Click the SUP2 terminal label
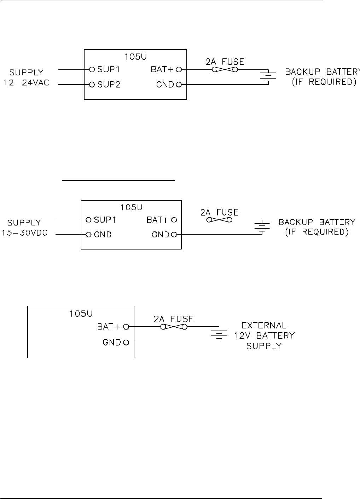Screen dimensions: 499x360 pyautogui.click(x=109, y=85)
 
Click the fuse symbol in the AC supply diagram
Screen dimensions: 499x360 pyautogui.click(x=224, y=70)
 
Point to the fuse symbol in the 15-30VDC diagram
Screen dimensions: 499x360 pyautogui.click(x=219, y=220)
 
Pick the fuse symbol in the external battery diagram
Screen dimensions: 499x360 pyautogui.click(x=174, y=327)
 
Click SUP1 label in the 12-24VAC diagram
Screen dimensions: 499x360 pyautogui.click(x=109, y=70)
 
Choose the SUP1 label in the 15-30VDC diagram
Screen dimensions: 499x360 pyautogui.click(x=105, y=220)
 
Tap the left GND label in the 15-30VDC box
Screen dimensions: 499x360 pyautogui.click(x=103, y=234)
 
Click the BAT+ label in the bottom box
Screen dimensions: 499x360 pyautogui.click(x=109, y=327)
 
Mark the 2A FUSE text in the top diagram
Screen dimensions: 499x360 pyautogui.click(x=225, y=62)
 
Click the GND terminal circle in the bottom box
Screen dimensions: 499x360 pyautogui.click(x=126, y=342)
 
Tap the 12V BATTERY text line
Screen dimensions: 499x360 pyautogui.click(x=264, y=335)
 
